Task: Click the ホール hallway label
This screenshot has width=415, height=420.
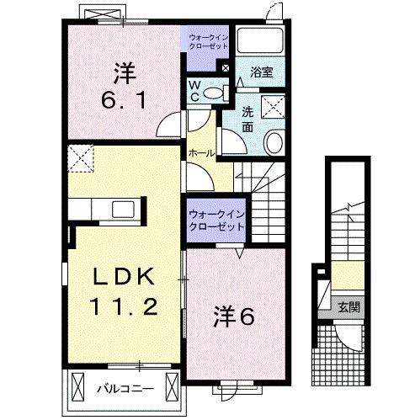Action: [x=200, y=153]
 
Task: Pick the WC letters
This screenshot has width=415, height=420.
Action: [x=194, y=91]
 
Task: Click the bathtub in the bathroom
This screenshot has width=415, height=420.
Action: [x=260, y=40]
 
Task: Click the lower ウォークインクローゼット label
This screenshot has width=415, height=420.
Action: [x=215, y=220]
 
